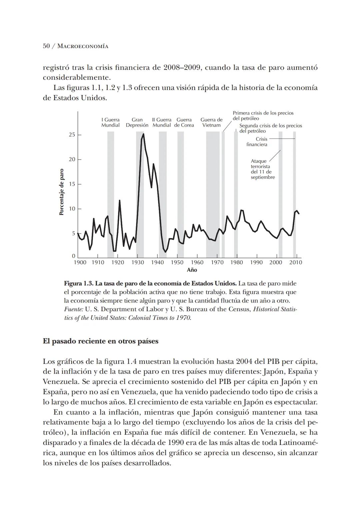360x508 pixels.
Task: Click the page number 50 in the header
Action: (46, 46)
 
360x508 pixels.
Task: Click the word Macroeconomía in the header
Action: (83, 46)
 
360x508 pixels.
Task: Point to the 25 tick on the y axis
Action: (72, 135)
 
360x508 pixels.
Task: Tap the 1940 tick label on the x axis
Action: (157, 263)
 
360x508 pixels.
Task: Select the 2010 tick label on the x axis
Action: (295, 263)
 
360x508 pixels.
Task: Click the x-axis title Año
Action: (192, 270)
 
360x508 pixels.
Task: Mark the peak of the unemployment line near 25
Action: (143, 134)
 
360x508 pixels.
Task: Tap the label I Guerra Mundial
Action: (110, 122)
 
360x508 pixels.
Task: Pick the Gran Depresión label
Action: (137, 122)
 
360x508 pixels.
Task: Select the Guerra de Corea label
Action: (184, 122)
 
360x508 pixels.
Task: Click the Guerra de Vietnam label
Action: (211, 122)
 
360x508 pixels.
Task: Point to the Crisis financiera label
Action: (257, 142)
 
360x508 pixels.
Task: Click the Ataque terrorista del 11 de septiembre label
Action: (263, 169)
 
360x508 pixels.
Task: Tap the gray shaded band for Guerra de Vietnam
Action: (213, 193)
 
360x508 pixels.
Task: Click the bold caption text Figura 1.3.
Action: (79, 284)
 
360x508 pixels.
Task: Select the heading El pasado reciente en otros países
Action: (101, 341)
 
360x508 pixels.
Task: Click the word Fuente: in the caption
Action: (73, 309)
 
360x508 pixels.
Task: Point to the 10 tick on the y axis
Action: (72, 209)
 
